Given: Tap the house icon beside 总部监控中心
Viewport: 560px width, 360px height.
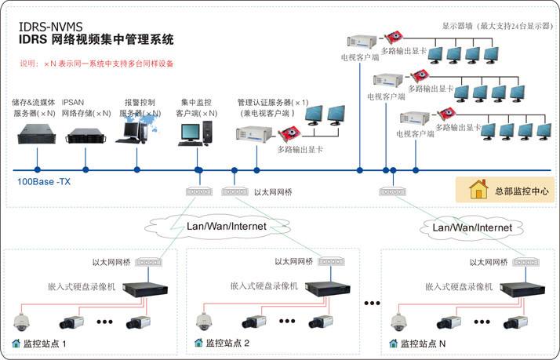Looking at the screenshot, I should tap(478, 190).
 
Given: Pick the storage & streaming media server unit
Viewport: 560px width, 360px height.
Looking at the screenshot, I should tap(35, 139).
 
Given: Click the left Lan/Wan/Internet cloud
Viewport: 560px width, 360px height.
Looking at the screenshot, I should tap(225, 226).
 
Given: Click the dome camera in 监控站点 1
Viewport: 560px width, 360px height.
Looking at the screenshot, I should tap(22, 321).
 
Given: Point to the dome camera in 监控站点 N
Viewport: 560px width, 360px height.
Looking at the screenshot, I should tap(398, 321).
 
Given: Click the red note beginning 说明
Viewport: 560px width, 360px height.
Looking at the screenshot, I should tap(97, 63).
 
